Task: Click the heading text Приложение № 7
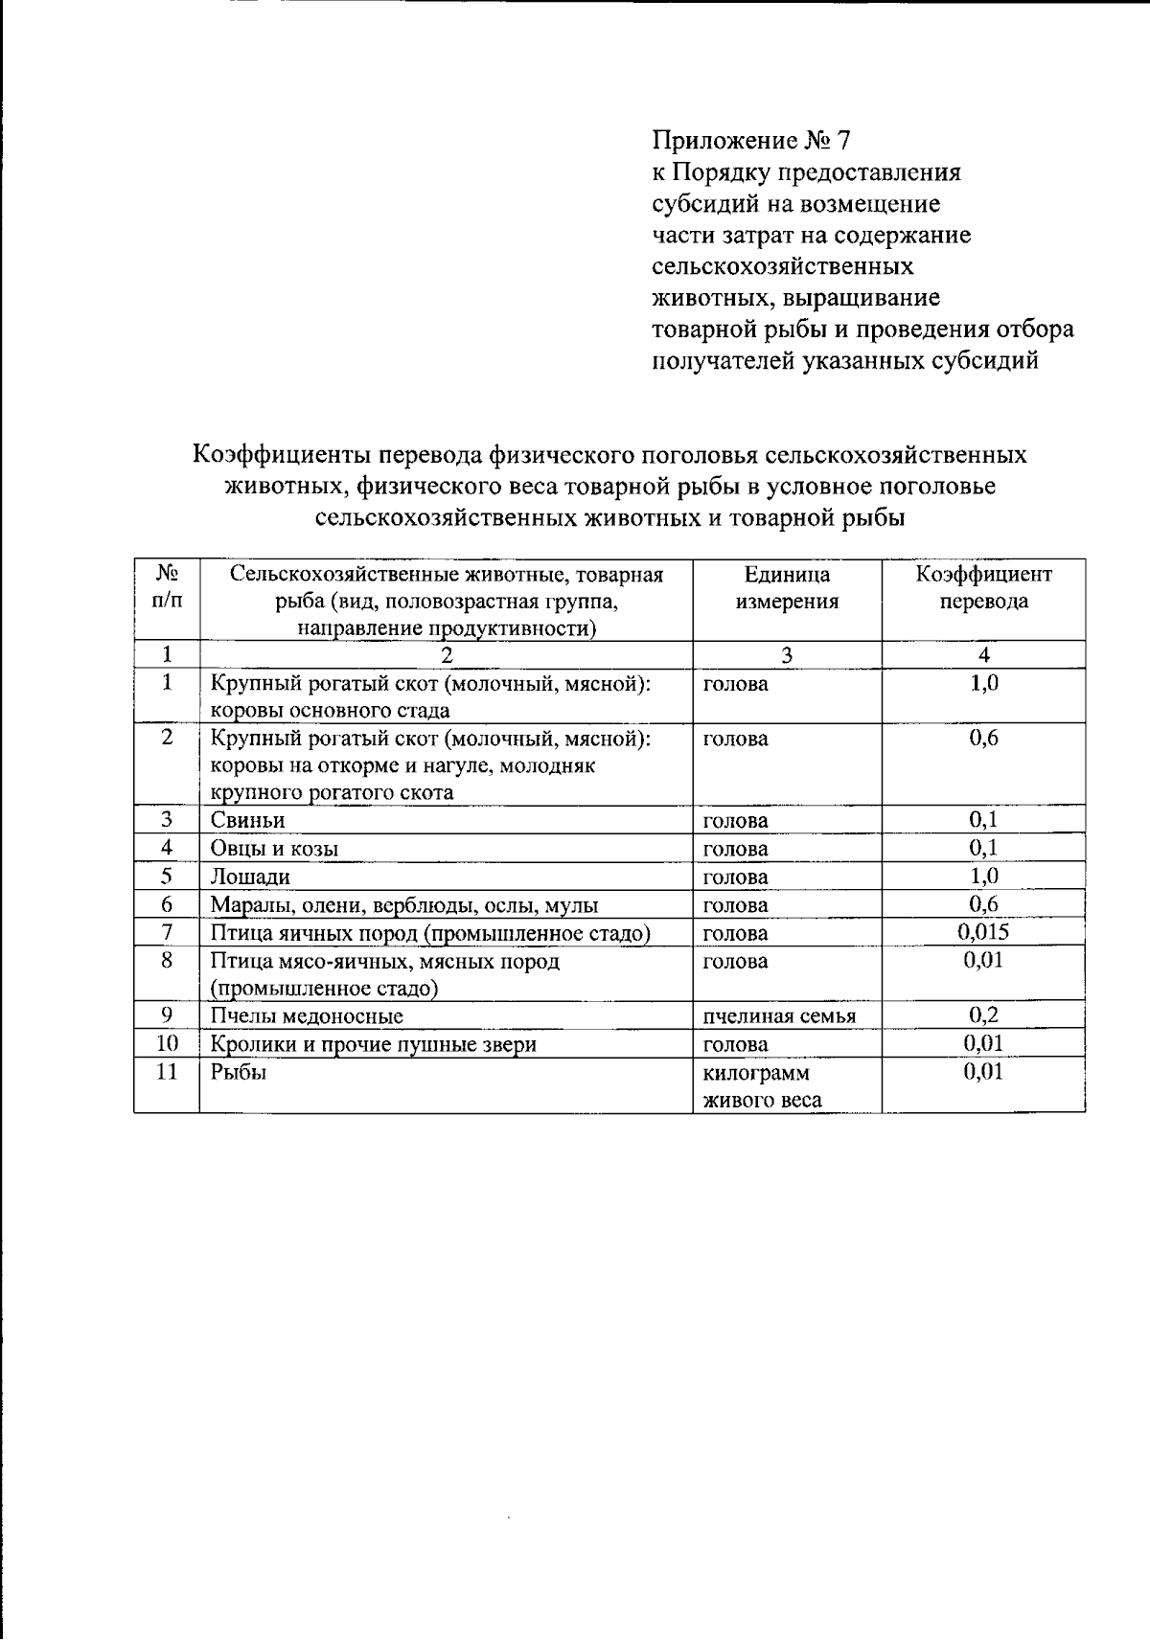(x=750, y=142)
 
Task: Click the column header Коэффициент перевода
(x=983, y=588)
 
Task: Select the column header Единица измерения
(x=787, y=588)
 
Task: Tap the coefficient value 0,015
(x=983, y=932)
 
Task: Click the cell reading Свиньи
(x=248, y=820)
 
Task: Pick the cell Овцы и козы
(x=274, y=849)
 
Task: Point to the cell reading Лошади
(x=250, y=877)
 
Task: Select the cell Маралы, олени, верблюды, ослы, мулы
(x=404, y=905)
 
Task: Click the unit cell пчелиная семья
(x=778, y=1016)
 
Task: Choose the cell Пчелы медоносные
(x=307, y=1016)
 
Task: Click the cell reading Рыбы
(x=239, y=1072)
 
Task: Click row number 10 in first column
(x=167, y=1044)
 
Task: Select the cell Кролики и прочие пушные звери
(x=373, y=1044)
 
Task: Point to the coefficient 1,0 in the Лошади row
(x=983, y=876)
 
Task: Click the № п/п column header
(x=167, y=587)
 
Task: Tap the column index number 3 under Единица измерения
(x=787, y=655)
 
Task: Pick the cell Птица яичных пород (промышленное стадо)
(x=430, y=933)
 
